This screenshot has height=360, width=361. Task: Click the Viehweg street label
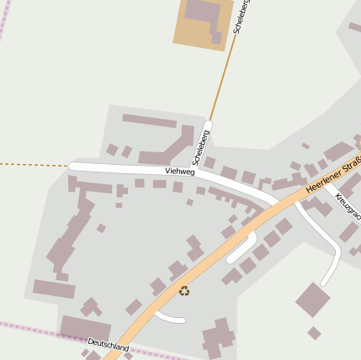180,171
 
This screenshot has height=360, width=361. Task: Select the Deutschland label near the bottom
109,345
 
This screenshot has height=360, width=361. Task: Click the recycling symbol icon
184,291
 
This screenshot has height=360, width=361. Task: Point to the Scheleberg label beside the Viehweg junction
201,146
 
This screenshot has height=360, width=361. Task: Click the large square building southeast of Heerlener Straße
312,299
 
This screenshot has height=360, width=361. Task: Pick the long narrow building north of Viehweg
149,120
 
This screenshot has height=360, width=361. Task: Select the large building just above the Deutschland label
85,327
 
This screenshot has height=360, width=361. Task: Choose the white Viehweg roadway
126,168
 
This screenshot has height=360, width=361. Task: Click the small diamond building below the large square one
314,333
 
